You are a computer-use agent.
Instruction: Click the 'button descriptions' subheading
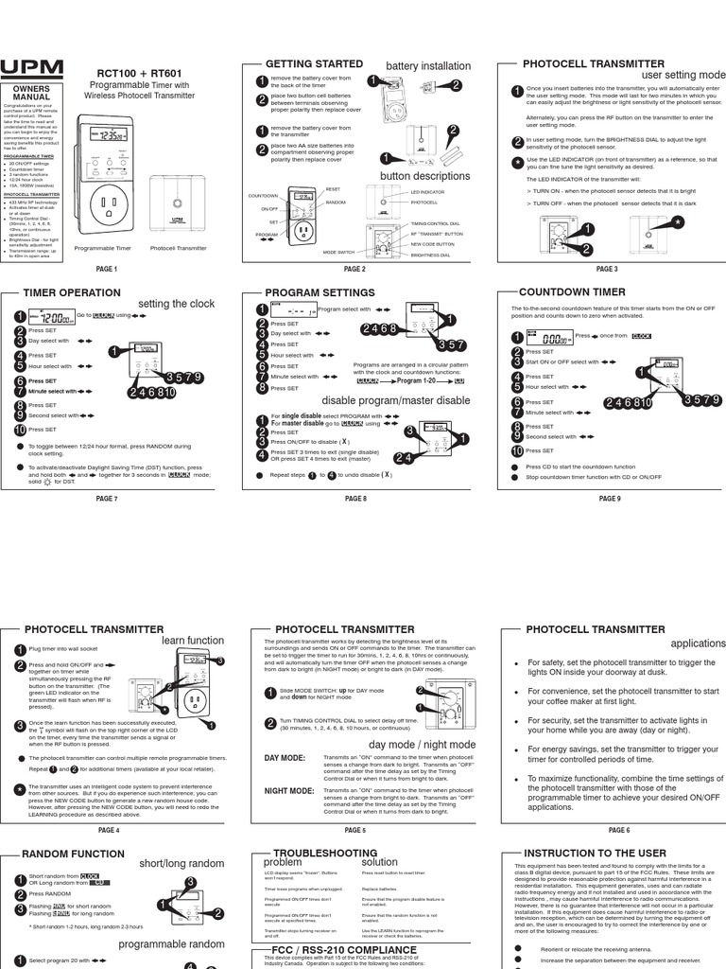click(x=424, y=176)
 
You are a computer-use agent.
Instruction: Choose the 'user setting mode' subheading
click(x=683, y=75)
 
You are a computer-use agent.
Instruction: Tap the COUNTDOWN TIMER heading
click(x=572, y=293)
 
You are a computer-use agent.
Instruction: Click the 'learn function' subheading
click(x=193, y=641)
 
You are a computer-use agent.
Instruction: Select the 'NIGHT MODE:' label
click(x=288, y=789)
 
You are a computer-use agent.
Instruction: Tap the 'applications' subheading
click(x=698, y=643)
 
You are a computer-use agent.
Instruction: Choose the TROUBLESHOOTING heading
click(x=313, y=853)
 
